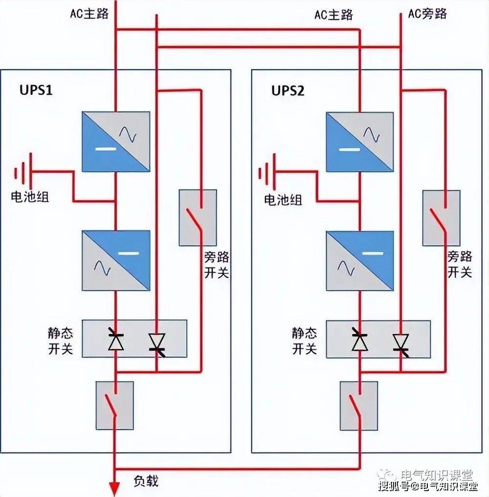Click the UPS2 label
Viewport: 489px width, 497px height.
288,91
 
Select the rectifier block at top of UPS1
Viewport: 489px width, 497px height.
115,141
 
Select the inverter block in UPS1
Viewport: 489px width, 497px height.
115,261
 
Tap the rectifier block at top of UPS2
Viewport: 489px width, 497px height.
360,142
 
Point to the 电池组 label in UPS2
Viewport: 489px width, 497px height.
283,200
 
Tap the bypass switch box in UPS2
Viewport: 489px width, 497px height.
441,218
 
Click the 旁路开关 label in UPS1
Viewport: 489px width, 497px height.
216,265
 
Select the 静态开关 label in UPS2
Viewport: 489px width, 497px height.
305,341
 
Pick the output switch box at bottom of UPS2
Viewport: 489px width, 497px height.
358,406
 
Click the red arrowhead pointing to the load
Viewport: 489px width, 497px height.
114,488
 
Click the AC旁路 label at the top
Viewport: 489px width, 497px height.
427,13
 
